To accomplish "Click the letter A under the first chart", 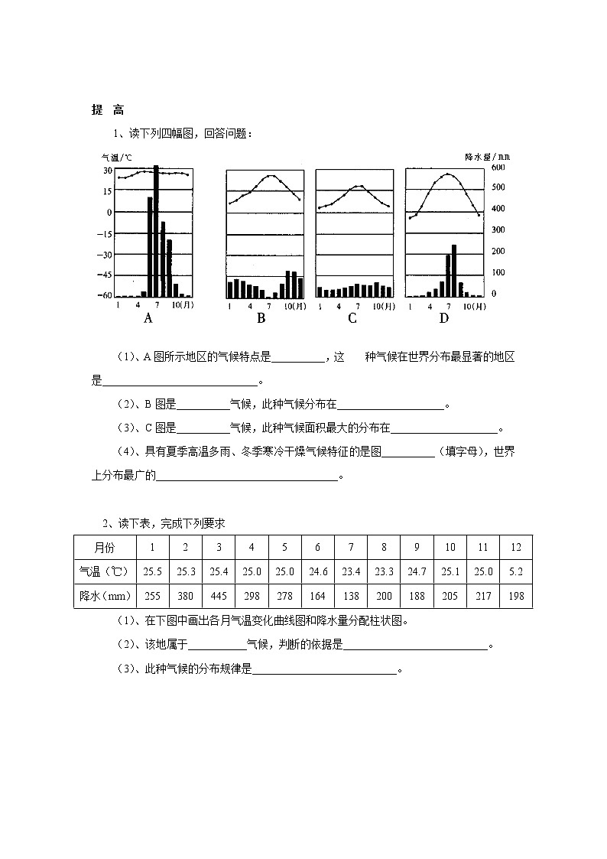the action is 149,318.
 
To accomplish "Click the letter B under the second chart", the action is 261,318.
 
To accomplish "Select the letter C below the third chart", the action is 352,318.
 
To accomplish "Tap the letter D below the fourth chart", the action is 443,318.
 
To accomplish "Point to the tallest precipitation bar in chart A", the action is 156,229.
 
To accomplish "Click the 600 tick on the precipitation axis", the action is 498,167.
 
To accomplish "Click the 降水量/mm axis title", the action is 487,156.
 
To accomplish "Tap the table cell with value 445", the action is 219,596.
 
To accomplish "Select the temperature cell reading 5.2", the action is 515,571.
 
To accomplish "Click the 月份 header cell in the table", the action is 105,548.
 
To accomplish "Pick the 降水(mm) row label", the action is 105,596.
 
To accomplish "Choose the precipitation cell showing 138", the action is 351,596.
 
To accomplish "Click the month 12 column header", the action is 515,548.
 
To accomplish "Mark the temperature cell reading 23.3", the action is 384,571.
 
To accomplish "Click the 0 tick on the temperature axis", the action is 109,212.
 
